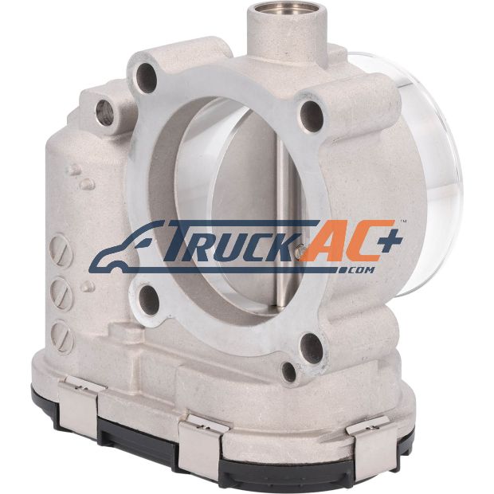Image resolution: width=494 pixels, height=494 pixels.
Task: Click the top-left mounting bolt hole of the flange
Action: [x=147, y=78]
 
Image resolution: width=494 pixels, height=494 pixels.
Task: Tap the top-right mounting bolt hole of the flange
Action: [x=312, y=116]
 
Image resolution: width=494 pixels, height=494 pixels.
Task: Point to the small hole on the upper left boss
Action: [x=104, y=112]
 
